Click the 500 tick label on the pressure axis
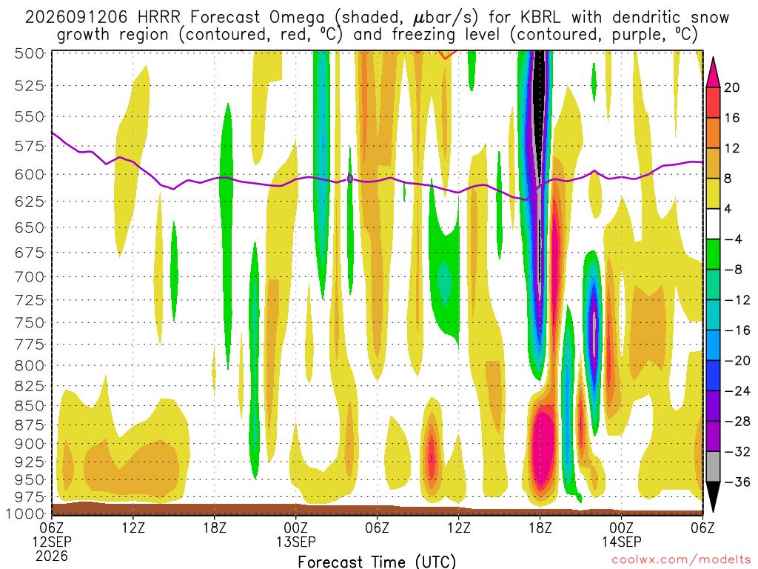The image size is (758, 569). tap(29, 53)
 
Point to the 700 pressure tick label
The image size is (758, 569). tap(29, 277)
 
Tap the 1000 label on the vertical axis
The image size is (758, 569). tap(25, 513)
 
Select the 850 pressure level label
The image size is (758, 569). tap(29, 405)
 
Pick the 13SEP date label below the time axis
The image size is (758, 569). tap(296, 542)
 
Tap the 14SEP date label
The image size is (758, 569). tap(621, 542)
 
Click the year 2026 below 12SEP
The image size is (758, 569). tap(52, 556)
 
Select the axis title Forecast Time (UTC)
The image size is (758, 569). tap(377, 562)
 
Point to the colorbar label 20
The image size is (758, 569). tap(731, 87)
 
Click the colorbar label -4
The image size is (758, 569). tap(734, 239)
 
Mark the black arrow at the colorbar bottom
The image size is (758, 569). tap(713, 496)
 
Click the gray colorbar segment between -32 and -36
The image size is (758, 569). tap(713, 467)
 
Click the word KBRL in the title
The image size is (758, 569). tap(540, 18)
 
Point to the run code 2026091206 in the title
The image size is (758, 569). tap(76, 18)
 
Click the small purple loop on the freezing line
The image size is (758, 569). tap(350, 179)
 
